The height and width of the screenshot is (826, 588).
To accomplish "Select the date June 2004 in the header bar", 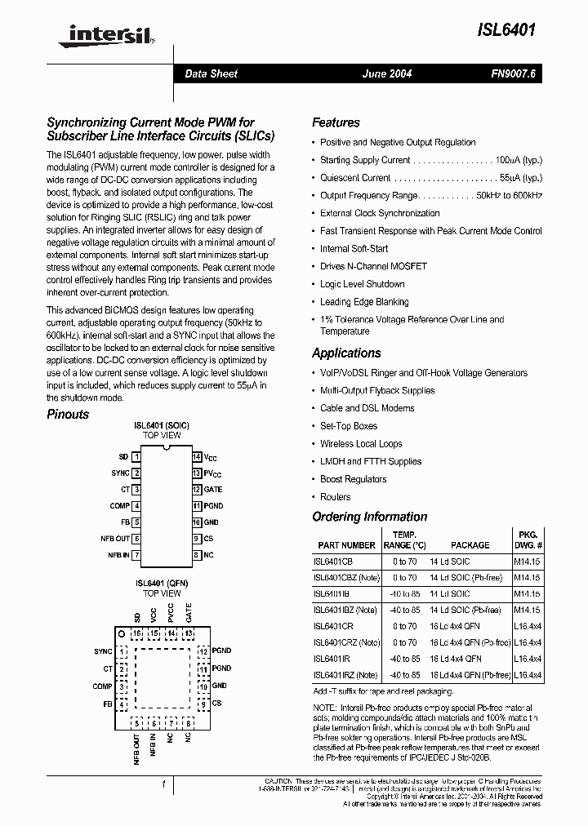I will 386,73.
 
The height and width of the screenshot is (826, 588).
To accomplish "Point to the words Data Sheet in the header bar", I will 211,73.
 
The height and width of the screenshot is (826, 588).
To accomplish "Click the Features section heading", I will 336,122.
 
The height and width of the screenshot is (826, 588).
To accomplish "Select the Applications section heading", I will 346,353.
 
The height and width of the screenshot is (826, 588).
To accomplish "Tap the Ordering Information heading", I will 369,517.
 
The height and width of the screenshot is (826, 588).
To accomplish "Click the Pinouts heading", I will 68,414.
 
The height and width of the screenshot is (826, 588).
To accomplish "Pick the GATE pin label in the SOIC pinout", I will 212,490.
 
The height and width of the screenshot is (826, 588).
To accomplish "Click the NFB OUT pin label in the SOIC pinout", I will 114,539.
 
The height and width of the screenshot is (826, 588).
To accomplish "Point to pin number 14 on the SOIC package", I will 197,457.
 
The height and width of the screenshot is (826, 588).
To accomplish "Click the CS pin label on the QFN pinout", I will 216,703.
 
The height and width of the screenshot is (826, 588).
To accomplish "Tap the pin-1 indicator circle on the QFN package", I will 122,633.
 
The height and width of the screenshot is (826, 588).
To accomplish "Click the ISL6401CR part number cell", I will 333,627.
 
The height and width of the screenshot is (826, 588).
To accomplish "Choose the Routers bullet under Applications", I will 335,497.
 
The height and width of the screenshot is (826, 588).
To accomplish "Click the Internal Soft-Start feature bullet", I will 354,249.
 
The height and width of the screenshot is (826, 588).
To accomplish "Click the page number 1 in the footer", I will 164,784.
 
